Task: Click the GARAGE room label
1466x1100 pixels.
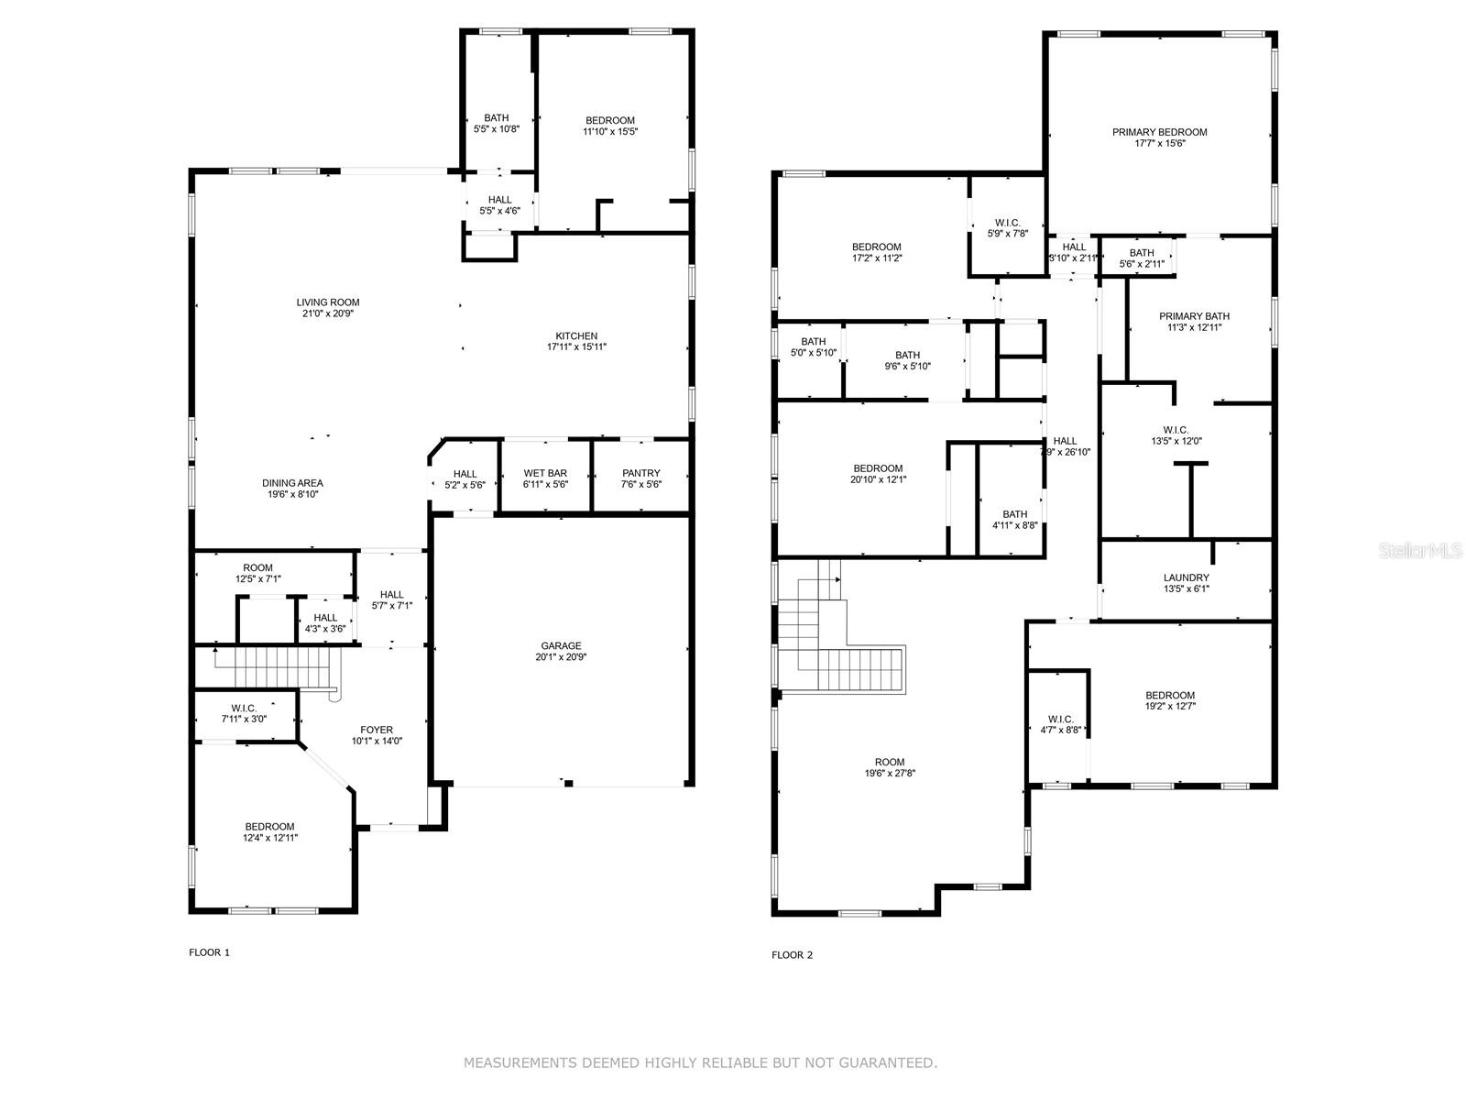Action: tap(561, 646)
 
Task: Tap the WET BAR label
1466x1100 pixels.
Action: tap(545, 473)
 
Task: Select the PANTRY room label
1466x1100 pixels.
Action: tap(640, 473)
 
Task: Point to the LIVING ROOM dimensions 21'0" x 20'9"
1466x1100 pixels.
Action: tap(328, 313)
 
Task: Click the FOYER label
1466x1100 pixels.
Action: tap(377, 730)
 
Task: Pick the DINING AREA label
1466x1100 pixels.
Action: tap(292, 483)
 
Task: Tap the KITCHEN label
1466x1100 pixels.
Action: tap(576, 335)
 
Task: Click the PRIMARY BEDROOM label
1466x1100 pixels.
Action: tap(1159, 132)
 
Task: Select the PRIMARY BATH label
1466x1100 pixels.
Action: tap(1194, 315)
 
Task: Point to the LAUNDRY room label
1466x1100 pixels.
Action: tap(1186, 577)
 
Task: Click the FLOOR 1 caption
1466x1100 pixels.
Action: tap(209, 952)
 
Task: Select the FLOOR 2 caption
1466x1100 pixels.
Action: tap(792, 955)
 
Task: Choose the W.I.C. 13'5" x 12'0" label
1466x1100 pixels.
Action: tap(1176, 430)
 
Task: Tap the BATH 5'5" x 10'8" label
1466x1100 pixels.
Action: tap(497, 117)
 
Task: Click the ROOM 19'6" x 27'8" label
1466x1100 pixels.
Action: tap(889, 762)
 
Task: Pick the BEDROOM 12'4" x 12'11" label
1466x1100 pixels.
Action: tap(269, 827)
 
